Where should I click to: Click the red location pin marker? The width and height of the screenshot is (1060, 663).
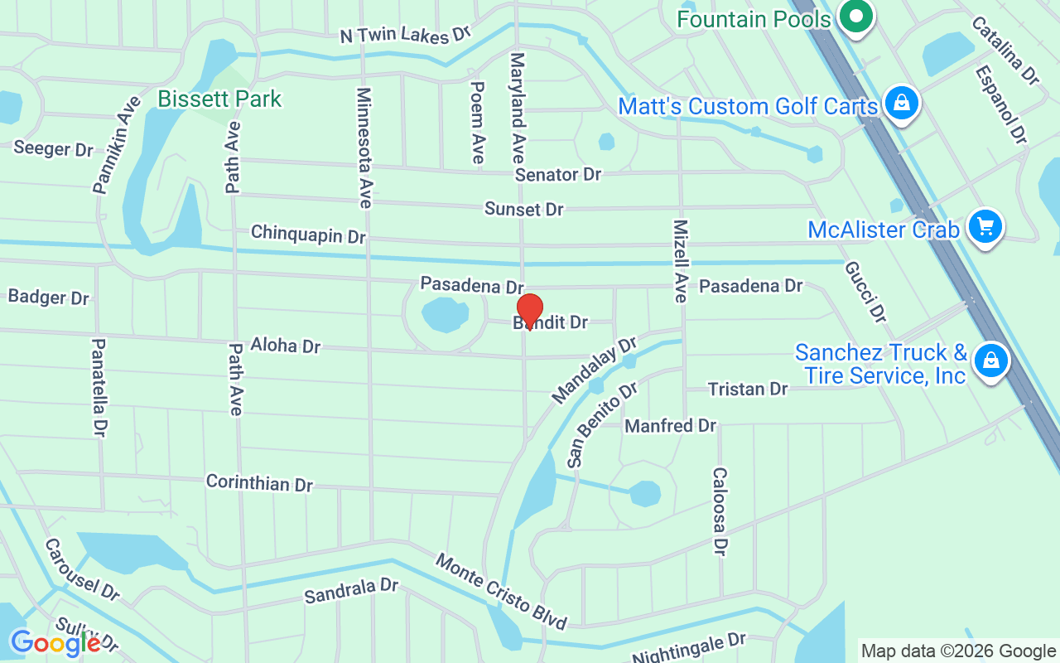[529, 310]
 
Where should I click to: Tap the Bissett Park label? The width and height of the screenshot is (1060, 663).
[219, 99]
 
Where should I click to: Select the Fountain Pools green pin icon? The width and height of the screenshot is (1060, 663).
[857, 17]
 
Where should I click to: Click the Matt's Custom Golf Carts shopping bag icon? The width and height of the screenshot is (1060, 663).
[899, 104]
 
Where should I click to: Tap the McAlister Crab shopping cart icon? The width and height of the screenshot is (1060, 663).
[985, 225]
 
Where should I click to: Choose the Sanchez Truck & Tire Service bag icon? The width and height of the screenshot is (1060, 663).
[990, 361]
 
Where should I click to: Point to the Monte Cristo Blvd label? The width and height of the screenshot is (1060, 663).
[502, 592]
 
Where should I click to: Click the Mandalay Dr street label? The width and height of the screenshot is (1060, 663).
[594, 370]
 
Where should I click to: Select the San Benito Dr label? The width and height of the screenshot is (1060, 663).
[602, 423]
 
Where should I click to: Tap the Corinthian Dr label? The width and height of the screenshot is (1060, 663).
[259, 483]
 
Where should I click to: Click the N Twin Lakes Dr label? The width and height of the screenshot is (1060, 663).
[406, 35]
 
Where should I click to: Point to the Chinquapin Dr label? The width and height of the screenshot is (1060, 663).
[308, 235]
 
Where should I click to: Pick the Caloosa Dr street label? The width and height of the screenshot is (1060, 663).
[720, 511]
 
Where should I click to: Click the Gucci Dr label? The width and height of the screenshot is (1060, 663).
[866, 292]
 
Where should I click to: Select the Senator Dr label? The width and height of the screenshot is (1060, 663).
[557, 175]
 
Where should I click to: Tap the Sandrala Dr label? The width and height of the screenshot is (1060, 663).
[351, 591]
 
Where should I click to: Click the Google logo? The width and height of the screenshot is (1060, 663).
[55, 642]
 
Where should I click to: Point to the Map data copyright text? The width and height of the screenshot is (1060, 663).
[958, 651]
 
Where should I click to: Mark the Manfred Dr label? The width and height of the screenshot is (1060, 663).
[670, 426]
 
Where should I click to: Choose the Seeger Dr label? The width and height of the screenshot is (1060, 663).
[54, 149]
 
